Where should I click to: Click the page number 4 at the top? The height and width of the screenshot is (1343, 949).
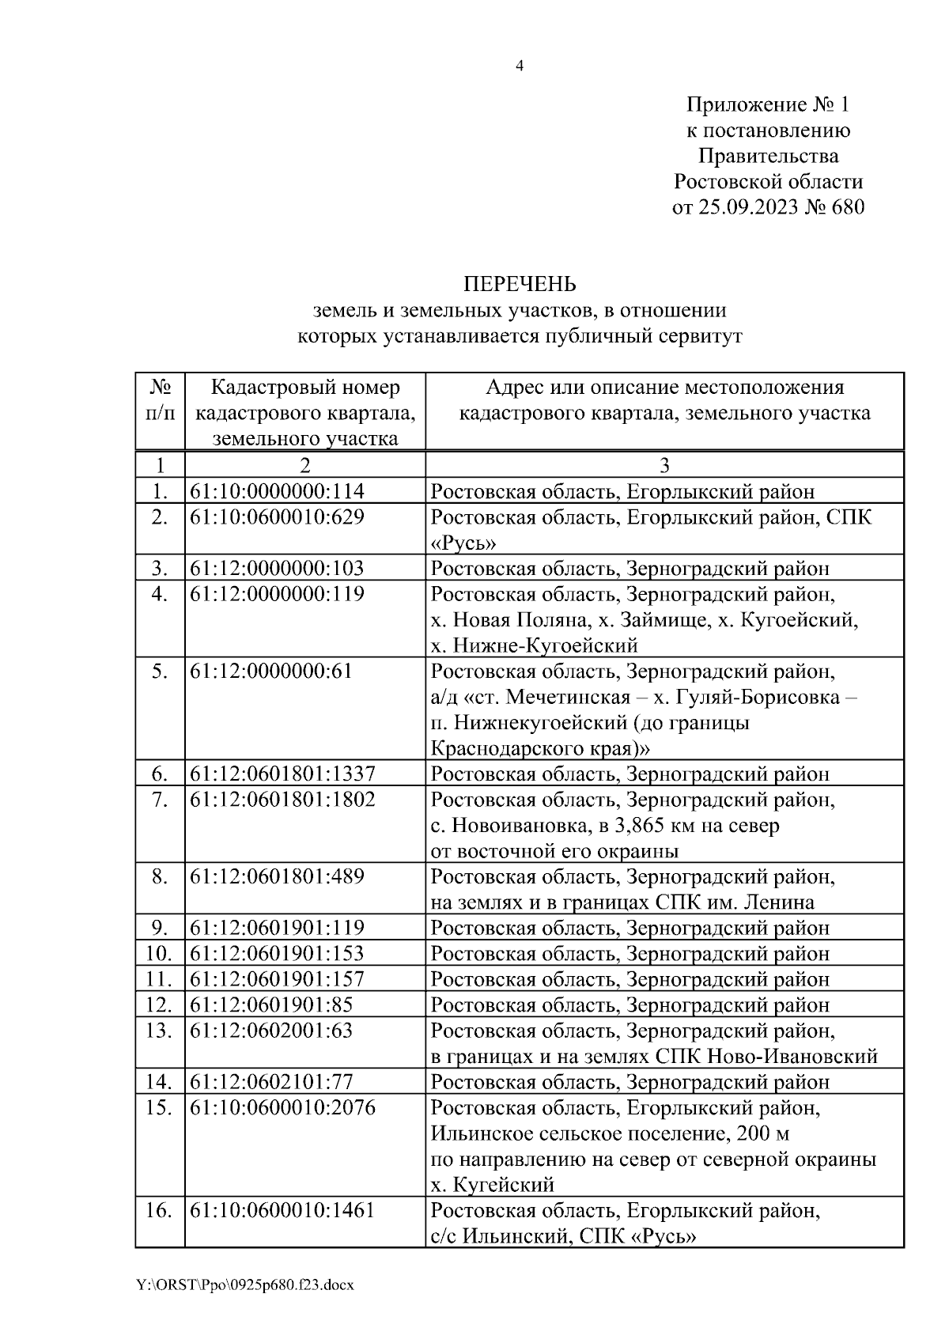click(x=519, y=66)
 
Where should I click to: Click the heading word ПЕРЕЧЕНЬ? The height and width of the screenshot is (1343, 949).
click(x=519, y=284)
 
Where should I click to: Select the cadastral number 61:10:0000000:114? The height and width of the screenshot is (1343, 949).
click(x=278, y=491)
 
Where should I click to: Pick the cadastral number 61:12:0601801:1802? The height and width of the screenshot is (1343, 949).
click(x=283, y=800)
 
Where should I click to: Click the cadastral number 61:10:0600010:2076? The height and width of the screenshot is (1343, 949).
click(x=283, y=1107)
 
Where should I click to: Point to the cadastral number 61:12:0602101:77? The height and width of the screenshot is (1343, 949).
click(x=272, y=1081)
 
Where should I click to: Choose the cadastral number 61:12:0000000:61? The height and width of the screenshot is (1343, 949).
click(x=271, y=671)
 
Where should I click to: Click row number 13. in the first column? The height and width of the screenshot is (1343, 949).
click(x=160, y=1031)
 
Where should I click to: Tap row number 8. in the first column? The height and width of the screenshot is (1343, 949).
click(x=160, y=876)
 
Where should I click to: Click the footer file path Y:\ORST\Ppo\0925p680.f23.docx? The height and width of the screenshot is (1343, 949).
click(x=245, y=1285)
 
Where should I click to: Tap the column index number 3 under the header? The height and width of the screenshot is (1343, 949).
click(x=664, y=465)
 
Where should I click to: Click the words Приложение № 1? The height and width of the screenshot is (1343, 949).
click(x=767, y=104)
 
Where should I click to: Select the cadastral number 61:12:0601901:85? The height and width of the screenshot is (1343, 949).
click(x=271, y=1004)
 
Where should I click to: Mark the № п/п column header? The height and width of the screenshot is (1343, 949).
click(x=161, y=400)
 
